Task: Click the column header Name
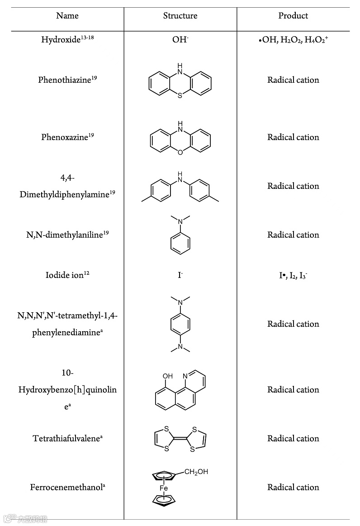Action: point(67,16)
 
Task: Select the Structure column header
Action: point(180,16)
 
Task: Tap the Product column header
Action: point(293,16)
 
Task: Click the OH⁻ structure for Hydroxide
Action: point(180,40)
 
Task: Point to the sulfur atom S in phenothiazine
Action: point(180,95)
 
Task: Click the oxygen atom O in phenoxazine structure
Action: point(180,153)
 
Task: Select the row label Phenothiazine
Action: point(67,80)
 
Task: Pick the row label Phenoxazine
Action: point(67,137)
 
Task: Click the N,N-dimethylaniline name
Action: point(67,235)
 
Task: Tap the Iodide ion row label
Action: point(67,275)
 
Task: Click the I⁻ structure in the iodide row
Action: point(180,275)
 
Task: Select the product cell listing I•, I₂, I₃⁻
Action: point(293,275)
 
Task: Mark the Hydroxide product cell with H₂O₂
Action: point(293,40)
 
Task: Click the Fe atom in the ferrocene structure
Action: point(163,488)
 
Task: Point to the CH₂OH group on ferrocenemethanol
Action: point(196,473)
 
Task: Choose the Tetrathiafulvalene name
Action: point(67,438)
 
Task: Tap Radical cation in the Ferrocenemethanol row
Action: point(293,487)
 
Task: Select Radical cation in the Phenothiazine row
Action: point(293,80)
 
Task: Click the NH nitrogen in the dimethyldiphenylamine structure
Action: point(180,179)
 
